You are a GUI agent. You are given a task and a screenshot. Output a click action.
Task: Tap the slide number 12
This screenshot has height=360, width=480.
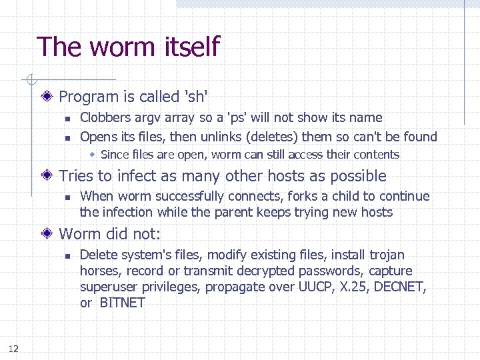(13, 348)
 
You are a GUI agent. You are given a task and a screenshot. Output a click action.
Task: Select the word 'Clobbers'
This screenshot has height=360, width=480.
(105, 118)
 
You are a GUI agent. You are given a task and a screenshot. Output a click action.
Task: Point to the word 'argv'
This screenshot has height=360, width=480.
(147, 119)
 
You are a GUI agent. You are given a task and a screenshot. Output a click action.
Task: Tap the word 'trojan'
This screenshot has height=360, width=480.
(386, 255)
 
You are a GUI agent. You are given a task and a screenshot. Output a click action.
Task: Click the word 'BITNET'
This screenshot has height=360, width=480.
(122, 303)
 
